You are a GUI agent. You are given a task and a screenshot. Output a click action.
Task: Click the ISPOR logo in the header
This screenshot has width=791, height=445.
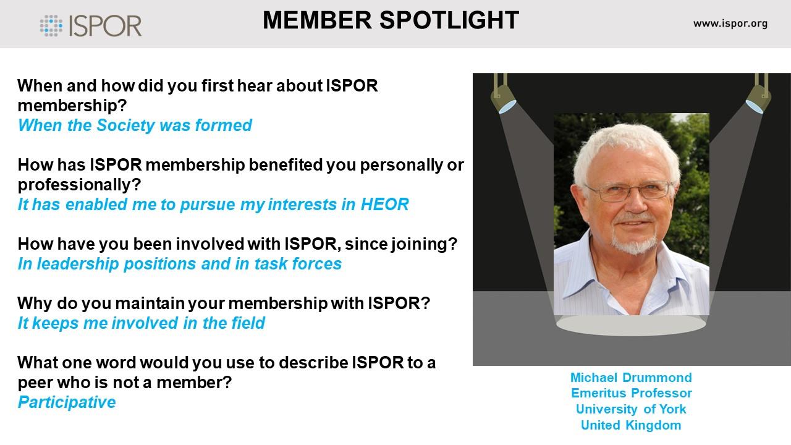tap(91, 25)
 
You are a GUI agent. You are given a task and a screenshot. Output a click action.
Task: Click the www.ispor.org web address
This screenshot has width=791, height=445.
tap(730, 23)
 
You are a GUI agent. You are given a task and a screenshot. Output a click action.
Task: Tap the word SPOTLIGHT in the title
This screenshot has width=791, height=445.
tap(449, 20)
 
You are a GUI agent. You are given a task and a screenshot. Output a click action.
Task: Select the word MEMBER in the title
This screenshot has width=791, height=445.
tap(317, 20)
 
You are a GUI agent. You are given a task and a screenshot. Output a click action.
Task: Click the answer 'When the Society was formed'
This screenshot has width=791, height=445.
tap(135, 125)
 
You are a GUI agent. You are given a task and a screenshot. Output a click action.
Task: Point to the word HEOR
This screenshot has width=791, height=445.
tap(384, 205)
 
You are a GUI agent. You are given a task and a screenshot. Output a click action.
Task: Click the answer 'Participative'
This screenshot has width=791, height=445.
tap(67, 402)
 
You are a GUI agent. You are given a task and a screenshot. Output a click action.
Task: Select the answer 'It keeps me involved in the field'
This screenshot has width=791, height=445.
tap(142, 323)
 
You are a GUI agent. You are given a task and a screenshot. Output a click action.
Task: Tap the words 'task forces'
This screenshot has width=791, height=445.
tap(298, 264)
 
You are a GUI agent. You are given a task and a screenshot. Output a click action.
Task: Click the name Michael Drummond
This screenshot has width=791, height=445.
tap(631, 378)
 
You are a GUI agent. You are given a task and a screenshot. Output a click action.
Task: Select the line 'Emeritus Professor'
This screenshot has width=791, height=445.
tap(632, 393)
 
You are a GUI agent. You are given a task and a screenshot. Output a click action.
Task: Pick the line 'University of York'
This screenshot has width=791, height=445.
tap(631, 409)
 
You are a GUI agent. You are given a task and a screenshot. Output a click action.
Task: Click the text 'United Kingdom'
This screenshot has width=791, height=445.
tap(631, 425)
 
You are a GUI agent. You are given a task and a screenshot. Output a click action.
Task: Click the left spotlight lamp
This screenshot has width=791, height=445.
tap(503, 95)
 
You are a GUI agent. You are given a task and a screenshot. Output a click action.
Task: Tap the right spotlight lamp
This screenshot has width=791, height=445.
tap(759, 95)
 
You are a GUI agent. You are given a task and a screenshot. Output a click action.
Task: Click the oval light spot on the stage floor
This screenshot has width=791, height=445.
tap(631, 325)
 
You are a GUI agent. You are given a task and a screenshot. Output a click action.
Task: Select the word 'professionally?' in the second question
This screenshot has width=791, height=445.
tap(80, 185)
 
